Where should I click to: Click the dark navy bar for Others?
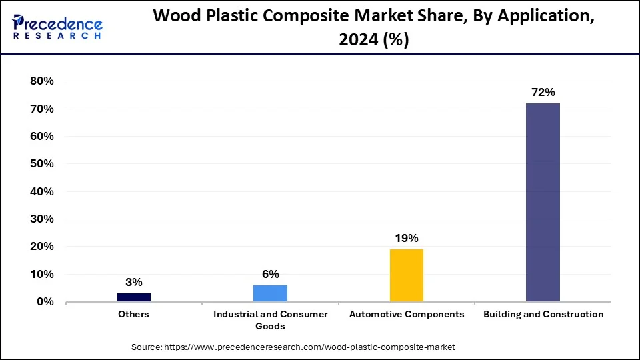134,297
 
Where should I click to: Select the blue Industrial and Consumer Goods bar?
270,293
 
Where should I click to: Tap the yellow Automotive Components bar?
406,275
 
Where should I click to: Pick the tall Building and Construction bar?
543,202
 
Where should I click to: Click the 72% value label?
543,93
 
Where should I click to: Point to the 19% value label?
406,238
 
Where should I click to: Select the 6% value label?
270,274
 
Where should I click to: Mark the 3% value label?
134,282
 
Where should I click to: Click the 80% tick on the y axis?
41,81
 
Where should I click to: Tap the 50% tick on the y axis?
41,164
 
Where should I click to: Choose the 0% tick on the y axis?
45,302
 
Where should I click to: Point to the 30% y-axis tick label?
41,219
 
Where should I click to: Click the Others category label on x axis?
134,314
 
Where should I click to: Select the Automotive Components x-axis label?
406,314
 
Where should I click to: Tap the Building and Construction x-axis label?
543,314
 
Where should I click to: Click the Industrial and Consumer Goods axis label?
270,320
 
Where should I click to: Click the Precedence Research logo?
57,27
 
